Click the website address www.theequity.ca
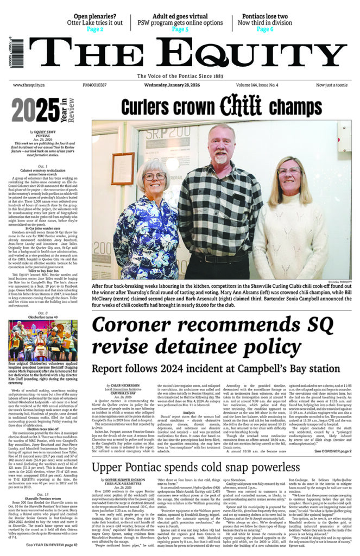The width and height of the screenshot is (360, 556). click(x=28, y=85)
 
